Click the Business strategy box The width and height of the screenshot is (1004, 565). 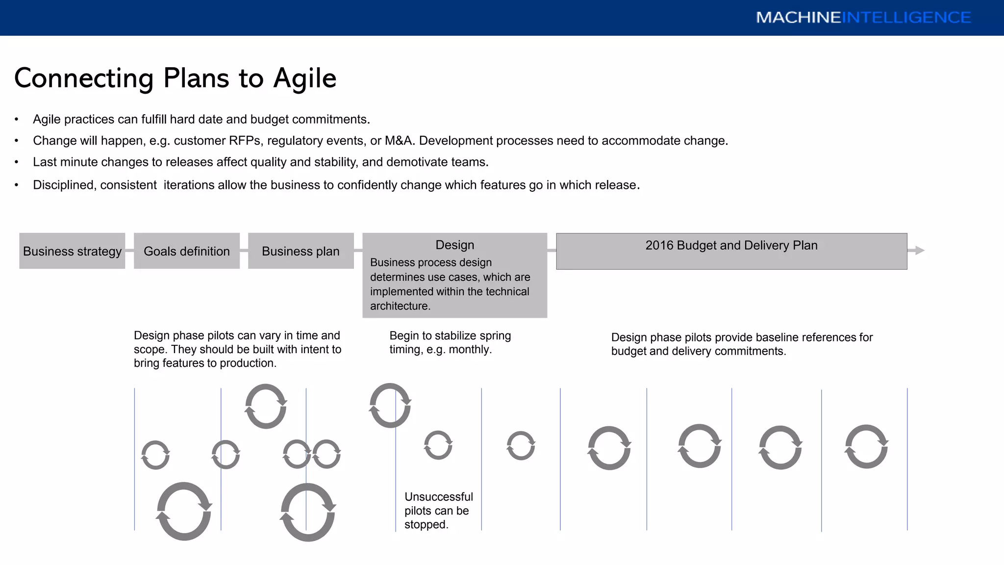click(x=72, y=251)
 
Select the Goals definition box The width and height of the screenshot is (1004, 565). click(x=186, y=251)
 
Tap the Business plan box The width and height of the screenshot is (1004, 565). click(x=301, y=251)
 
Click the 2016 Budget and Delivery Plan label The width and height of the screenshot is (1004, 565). click(x=731, y=245)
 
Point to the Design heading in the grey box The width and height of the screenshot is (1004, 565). click(x=454, y=245)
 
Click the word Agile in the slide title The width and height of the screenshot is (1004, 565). click(x=304, y=78)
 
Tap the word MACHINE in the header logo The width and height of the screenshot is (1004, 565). click(x=798, y=18)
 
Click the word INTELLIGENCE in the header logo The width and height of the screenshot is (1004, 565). click(x=906, y=18)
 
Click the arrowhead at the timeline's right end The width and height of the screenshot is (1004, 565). click(x=920, y=251)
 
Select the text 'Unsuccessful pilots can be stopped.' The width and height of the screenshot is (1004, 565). click(x=438, y=511)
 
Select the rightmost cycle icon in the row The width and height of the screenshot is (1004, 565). click(x=866, y=446)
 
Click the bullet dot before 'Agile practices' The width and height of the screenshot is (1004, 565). click(x=17, y=120)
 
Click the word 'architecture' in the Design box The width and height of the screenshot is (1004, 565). click(x=399, y=306)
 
